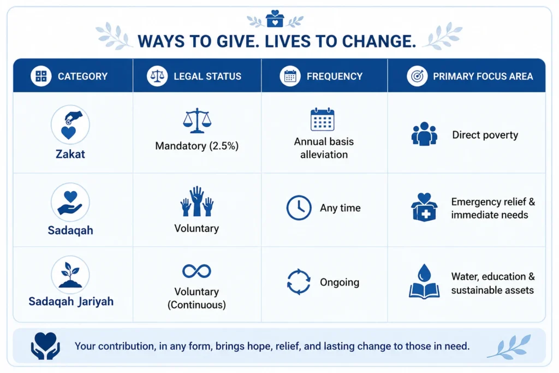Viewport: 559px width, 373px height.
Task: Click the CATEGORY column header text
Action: (x=83, y=76)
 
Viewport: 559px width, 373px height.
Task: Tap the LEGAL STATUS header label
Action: (x=207, y=76)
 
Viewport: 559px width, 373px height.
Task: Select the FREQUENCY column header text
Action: (x=335, y=76)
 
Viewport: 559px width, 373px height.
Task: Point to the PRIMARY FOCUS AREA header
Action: (x=483, y=76)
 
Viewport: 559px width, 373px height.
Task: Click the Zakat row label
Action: (x=70, y=154)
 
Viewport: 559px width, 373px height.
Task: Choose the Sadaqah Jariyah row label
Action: (x=71, y=301)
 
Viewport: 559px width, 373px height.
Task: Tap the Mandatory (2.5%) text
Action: (x=197, y=146)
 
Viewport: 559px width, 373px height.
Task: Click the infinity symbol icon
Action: (x=197, y=271)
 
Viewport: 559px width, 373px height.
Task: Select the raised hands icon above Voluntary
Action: (x=197, y=201)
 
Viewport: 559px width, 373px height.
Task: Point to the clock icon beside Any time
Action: (x=299, y=208)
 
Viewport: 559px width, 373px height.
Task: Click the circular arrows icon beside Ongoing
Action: (x=299, y=282)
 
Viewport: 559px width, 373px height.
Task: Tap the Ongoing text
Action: (x=340, y=282)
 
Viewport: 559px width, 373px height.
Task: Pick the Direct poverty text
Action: (x=485, y=135)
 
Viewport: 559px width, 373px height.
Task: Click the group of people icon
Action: (x=424, y=134)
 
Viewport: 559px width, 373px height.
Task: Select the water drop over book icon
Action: (x=424, y=281)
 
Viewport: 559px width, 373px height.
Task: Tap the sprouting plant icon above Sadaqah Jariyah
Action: (x=70, y=275)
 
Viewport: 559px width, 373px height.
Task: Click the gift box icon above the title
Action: (x=275, y=19)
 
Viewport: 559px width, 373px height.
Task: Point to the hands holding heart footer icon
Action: (x=45, y=346)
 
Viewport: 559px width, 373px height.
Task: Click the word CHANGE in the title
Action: (x=379, y=42)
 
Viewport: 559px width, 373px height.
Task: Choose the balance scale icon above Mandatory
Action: (x=197, y=121)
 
